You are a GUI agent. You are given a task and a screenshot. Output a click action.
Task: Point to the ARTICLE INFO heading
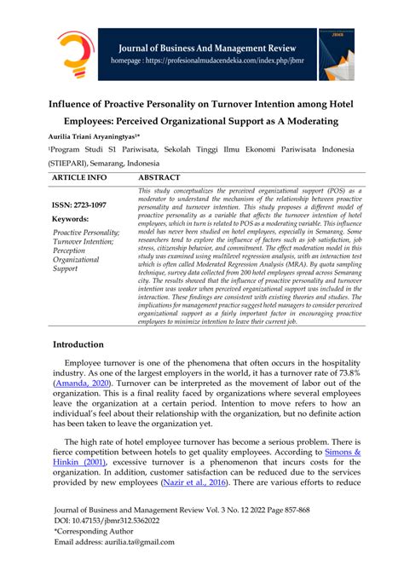(x=79, y=178)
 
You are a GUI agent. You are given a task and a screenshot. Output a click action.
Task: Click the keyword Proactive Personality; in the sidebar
(x=86, y=233)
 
